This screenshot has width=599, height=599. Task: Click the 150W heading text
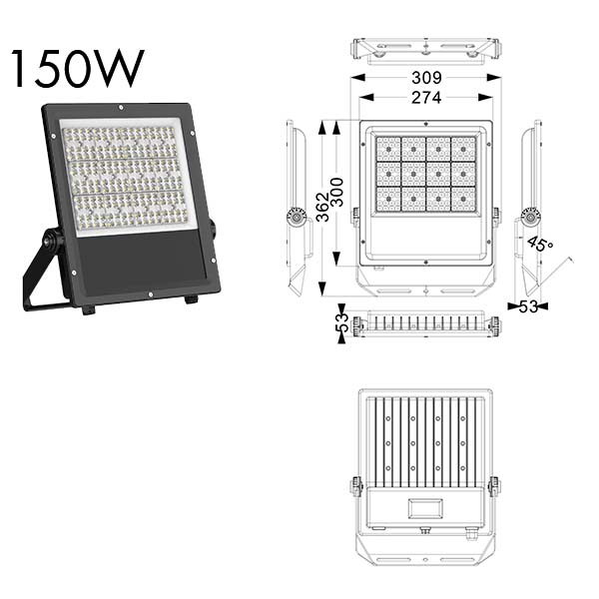point(78,68)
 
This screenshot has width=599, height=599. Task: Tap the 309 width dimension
point(426,78)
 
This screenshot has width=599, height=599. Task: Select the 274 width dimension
point(426,98)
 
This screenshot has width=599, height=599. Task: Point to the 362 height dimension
point(323,207)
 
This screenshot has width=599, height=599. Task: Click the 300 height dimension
point(337,192)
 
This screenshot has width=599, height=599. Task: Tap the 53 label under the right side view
point(528,306)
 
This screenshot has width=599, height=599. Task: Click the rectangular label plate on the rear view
point(425,508)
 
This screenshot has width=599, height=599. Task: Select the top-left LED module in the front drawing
point(388,149)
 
